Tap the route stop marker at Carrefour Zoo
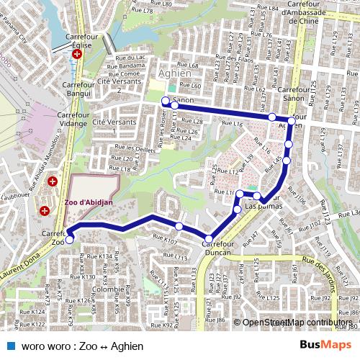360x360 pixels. (69, 232)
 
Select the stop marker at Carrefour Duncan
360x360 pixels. (208, 239)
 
